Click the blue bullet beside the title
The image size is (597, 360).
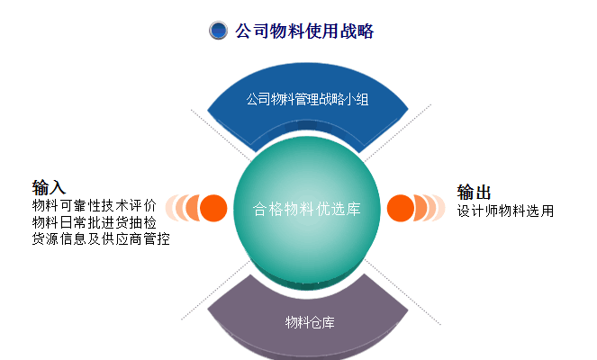coord(218,31)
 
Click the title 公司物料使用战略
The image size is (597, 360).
coord(304,31)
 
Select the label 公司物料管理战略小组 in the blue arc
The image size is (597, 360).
coord(307,99)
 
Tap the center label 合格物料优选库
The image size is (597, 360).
coord(306,209)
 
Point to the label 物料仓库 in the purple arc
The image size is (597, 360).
coord(310,322)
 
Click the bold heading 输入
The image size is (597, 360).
coord(49,187)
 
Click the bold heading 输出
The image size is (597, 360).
coord(474,193)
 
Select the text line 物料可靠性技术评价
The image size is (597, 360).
coord(95,205)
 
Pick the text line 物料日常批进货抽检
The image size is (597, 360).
coord(95,222)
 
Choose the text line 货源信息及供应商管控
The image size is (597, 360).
coord(101,239)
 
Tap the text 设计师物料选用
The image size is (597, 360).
coord(506,211)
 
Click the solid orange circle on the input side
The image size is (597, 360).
coord(213,208)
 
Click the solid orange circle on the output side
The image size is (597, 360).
coord(401,208)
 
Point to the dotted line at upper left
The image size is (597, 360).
coord(221,136)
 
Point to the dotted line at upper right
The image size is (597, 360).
coord(397,133)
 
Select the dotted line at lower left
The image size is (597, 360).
coord(216,290)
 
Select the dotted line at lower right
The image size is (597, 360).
coord(403,292)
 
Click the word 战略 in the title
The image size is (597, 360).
coord(357,31)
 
